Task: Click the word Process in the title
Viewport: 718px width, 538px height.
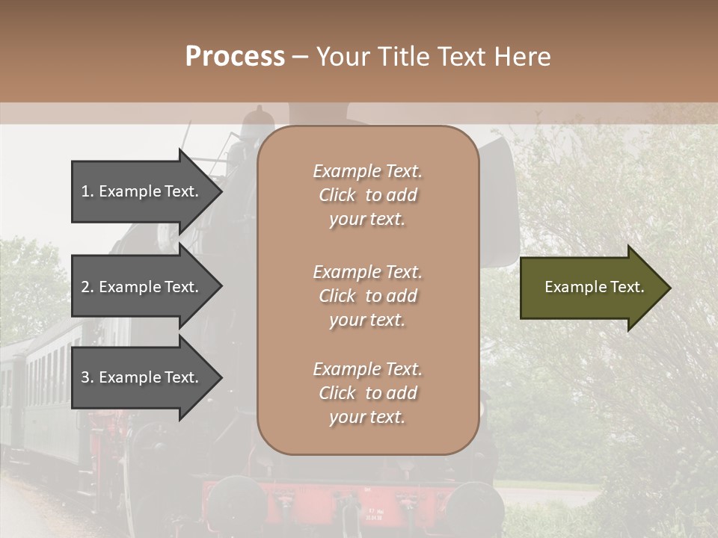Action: (235, 57)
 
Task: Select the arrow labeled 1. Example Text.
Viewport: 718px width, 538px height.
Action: (142, 191)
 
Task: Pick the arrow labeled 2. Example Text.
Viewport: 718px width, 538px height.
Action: (142, 287)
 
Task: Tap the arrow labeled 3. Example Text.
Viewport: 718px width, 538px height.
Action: (142, 377)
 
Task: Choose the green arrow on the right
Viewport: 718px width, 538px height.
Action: (591, 288)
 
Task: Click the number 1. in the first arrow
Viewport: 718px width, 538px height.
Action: (88, 191)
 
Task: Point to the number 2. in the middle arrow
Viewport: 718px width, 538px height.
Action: (88, 287)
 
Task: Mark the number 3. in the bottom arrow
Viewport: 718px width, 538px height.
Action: (88, 377)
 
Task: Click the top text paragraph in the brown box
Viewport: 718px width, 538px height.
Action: (367, 195)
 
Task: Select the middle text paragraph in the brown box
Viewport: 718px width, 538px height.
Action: (367, 296)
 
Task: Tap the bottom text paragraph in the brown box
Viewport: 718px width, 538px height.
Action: (367, 393)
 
